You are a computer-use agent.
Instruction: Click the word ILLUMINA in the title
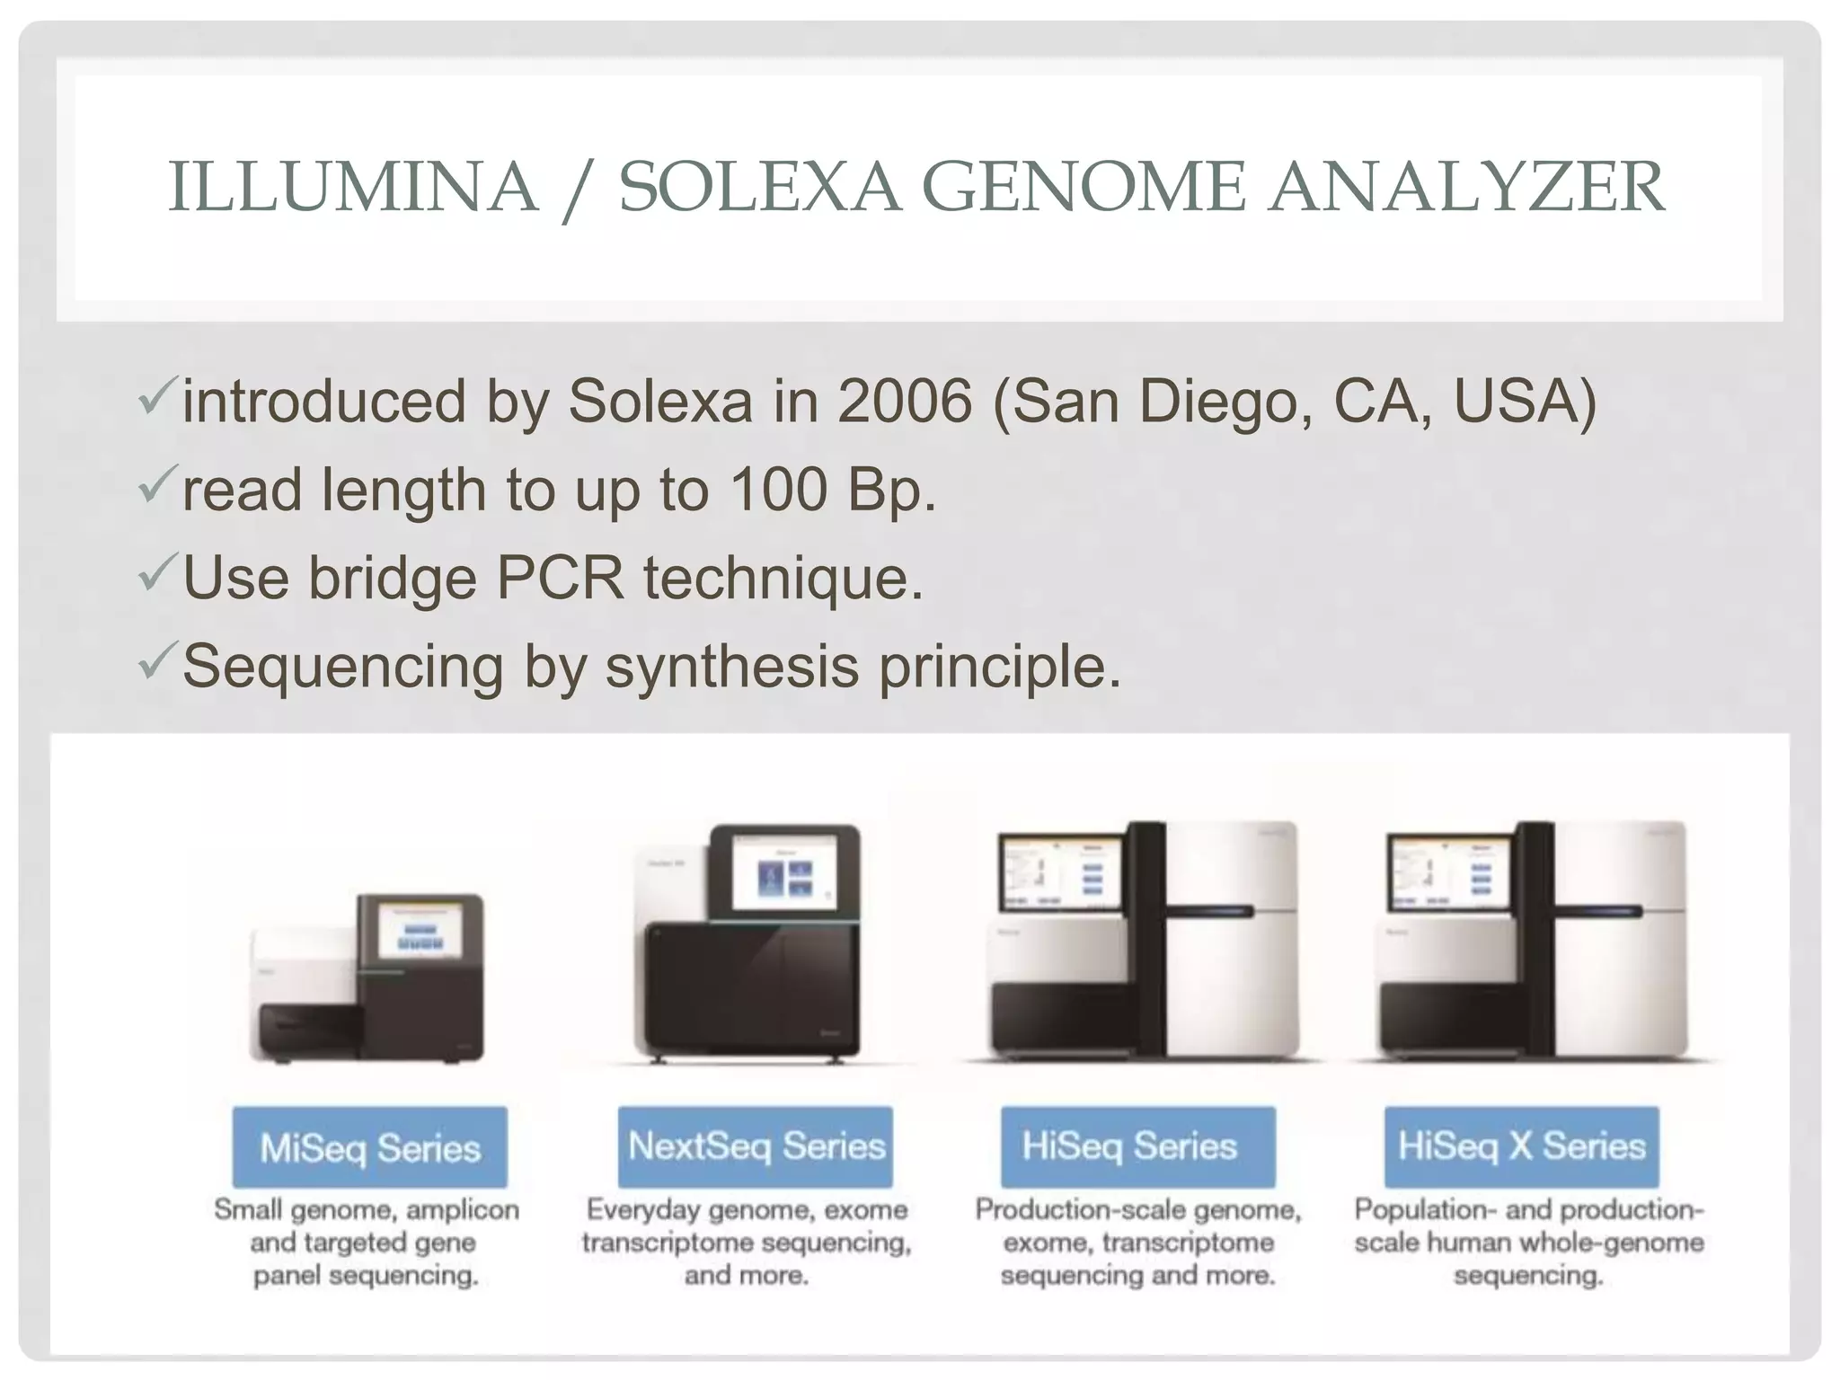[352, 187]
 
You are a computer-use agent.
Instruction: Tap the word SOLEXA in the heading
[759, 187]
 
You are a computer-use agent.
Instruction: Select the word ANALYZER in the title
[1466, 187]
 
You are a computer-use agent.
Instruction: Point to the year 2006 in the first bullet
[904, 401]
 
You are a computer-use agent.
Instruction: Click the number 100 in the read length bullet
[778, 490]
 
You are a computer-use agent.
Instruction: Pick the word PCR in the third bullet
[559, 578]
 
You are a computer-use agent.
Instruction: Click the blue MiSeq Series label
[369, 1147]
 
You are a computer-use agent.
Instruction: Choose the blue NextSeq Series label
[756, 1146]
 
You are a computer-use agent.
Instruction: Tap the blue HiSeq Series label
[1138, 1146]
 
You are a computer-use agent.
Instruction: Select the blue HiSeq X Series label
[1521, 1146]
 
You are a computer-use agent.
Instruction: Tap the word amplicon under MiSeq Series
[463, 1210]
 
